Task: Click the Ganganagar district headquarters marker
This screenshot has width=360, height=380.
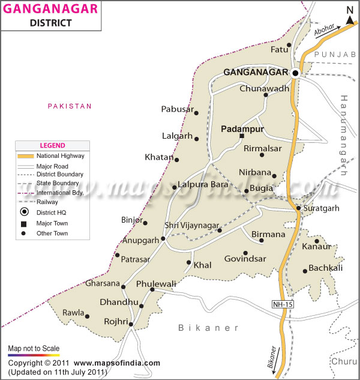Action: click(x=295, y=73)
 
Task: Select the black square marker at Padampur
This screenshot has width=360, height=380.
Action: click(x=242, y=136)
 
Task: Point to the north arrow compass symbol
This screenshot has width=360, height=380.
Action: click(x=350, y=16)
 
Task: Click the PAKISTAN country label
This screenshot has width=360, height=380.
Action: click(x=70, y=106)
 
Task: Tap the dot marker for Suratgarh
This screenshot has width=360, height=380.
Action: click(x=298, y=208)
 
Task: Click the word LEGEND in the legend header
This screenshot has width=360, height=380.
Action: click(x=52, y=145)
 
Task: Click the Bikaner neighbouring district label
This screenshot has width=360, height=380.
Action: click(x=208, y=328)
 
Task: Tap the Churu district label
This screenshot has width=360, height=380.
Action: click(x=344, y=361)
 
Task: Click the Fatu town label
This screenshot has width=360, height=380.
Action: click(x=279, y=49)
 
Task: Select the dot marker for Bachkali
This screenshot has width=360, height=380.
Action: click(x=305, y=271)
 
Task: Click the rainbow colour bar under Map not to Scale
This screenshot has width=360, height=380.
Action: click(x=34, y=355)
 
